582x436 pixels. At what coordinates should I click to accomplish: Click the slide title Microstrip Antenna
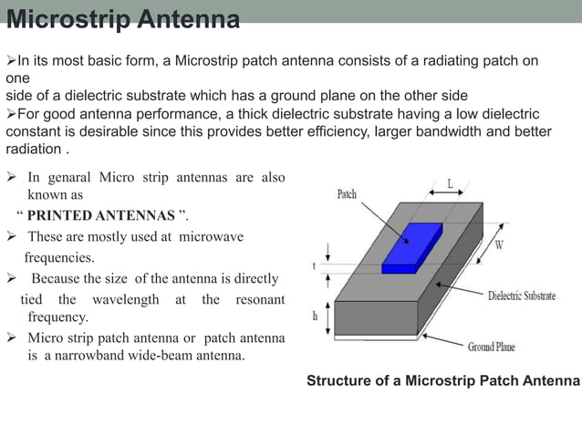coord(123,18)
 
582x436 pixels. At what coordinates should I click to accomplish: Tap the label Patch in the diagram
coord(347,194)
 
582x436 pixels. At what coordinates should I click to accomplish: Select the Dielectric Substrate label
coord(522,296)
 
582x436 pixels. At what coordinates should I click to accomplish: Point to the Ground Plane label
coord(492,347)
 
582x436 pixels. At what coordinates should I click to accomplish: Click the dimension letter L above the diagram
coord(450,183)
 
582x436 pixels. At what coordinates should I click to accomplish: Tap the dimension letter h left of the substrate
coord(315,317)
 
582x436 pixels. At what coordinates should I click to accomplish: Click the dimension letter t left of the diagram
coord(315,266)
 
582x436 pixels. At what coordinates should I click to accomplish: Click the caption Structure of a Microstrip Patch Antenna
coord(442,379)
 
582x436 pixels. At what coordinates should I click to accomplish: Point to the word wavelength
coord(127,299)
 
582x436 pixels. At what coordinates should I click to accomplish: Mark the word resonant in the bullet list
coord(260,299)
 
